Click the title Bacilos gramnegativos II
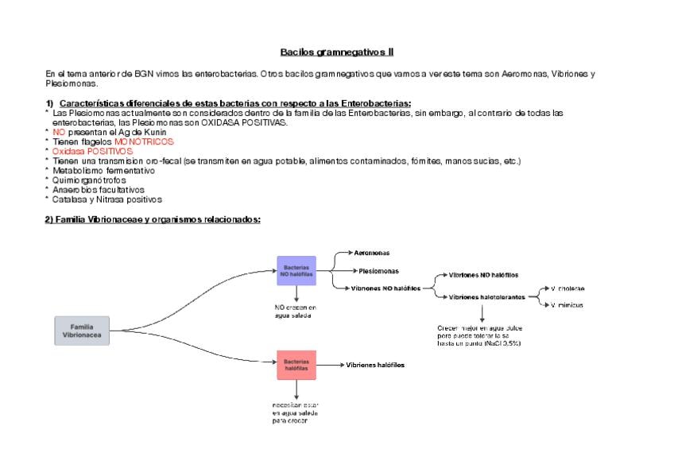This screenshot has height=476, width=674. pyautogui.click(x=336, y=52)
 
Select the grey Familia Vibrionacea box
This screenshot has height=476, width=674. pyautogui.click(x=82, y=331)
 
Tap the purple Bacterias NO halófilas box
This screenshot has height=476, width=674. pyautogui.click(x=296, y=270)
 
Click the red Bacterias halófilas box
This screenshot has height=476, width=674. pyautogui.click(x=296, y=366)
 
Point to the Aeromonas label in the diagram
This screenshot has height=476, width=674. pyautogui.click(x=371, y=253)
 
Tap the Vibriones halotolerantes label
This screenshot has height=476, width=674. pyautogui.click(x=486, y=296)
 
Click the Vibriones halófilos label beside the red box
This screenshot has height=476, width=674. pyautogui.click(x=374, y=365)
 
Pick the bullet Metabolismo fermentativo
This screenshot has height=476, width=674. pyautogui.click(x=103, y=170)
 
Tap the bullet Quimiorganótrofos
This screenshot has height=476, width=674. pyautogui.click(x=89, y=180)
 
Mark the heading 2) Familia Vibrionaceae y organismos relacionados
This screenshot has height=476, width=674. pyautogui.click(x=153, y=220)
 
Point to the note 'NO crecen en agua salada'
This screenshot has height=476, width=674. pyautogui.click(x=295, y=311)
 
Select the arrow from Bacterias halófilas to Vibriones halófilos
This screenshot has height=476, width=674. pyautogui.click(x=330, y=366)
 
